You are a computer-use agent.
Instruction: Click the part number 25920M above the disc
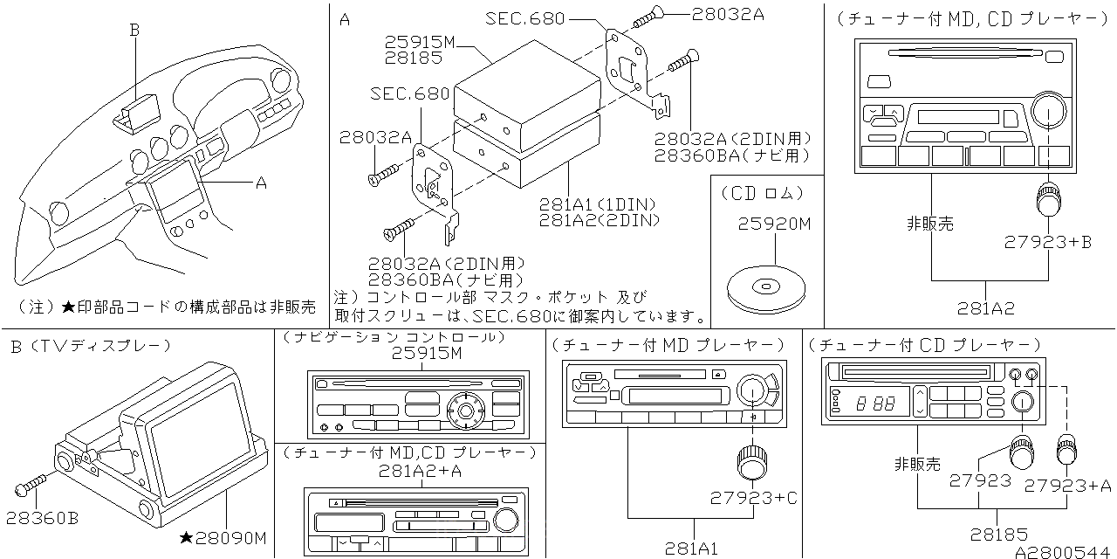click(775, 224)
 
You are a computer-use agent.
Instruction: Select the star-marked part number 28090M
click(223, 537)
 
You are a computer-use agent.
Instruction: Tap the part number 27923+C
click(754, 498)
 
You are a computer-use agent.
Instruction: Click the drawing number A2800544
click(1065, 551)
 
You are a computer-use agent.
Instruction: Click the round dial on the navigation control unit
click(463, 408)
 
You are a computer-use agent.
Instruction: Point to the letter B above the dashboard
click(134, 30)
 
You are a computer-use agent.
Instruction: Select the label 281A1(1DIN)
click(596, 204)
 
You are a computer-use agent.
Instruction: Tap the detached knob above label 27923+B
click(1047, 200)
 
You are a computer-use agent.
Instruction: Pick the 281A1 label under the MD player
click(690, 549)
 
